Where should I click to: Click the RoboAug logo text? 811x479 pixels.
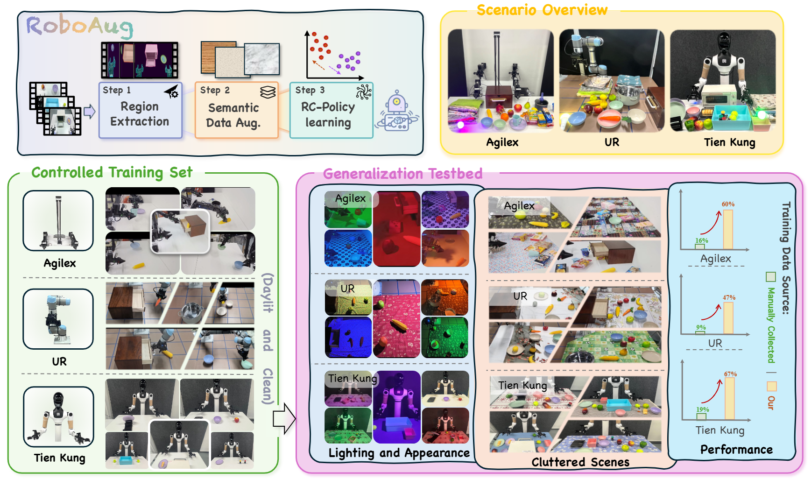coord(79,26)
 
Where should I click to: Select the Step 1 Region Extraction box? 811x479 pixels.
coord(140,110)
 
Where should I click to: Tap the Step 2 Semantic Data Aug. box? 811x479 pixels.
coord(236,110)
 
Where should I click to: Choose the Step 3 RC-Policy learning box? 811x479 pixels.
coord(331,110)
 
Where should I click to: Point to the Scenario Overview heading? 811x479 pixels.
coord(542,10)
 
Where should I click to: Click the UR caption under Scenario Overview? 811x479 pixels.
coord(612,142)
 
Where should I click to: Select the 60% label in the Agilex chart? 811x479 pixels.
coord(728,204)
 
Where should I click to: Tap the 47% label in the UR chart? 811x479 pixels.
coord(729,297)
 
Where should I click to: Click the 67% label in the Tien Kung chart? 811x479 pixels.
coord(730,374)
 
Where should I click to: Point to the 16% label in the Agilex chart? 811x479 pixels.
coord(701,240)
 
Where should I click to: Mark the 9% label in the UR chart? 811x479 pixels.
coord(701,327)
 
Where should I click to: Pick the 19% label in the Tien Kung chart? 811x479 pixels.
coord(702,409)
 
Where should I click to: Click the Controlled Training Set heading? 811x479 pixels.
coord(112,173)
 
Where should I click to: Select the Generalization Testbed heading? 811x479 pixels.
coord(402,174)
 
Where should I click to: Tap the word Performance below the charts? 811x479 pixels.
coord(736,450)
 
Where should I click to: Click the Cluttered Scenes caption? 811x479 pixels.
coord(580,462)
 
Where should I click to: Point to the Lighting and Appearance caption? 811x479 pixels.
coord(399,453)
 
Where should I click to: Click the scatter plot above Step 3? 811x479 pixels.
coord(334,55)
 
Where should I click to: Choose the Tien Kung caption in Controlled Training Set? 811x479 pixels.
coord(60,458)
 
